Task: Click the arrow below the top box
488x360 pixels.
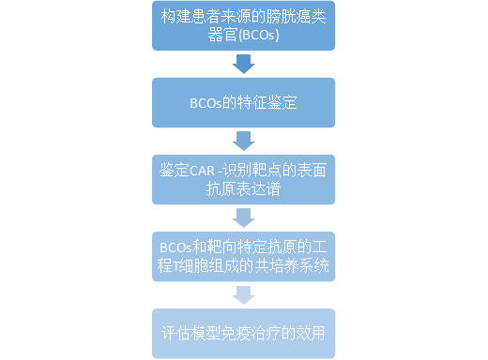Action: [244, 64]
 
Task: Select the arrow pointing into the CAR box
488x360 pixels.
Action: [244, 141]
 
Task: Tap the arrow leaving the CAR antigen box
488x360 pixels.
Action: [244, 217]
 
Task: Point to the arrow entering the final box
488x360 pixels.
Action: [244, 294]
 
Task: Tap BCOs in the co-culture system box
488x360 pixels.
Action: [176, 247]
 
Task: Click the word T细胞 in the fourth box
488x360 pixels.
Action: [192, 266]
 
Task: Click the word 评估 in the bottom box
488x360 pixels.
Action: [175, 333]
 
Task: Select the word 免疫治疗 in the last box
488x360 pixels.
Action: [247, 333]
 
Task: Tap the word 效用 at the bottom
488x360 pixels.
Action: [311, 333]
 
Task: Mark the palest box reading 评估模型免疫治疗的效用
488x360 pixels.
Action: [244, 333]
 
